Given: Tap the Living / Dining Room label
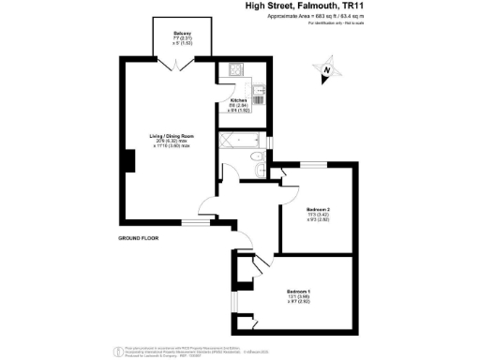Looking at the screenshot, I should click(x=172, y=136).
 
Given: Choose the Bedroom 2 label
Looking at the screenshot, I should click(x=318, y=209).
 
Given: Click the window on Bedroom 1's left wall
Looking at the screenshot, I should click(x=232, y=302).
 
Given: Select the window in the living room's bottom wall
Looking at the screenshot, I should click(x=194, y=221).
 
